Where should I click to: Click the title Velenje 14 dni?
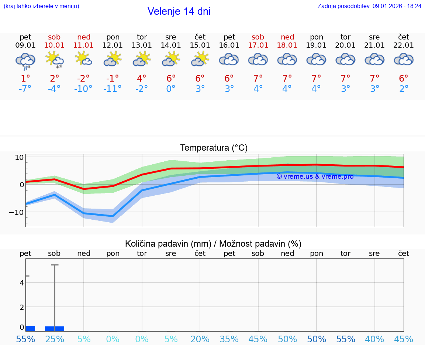coord(179,11)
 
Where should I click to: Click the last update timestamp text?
coord(369,6)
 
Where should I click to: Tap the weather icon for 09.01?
coord(25,60)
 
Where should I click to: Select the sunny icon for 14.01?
coord(171,59)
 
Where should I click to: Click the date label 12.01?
coord(113,45)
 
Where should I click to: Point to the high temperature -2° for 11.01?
coord(83,78)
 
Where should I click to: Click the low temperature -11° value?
coord(112,89)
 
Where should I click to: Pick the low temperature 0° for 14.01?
coord(171,89)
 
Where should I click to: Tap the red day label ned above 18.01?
coord(287,37)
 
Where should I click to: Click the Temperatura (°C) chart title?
coord(214,148)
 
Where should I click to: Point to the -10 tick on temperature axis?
coord(17,212)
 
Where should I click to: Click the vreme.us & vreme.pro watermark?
coord(315,176)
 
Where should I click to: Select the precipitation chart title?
coord(213,244)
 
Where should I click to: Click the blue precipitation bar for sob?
coord(55,329)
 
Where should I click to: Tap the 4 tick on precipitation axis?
coord(22,283)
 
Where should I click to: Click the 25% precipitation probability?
coord(55,339)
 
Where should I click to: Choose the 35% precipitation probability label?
coord(229,339)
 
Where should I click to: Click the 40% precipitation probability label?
coord(374,339)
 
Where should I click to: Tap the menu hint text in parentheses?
coord(41,6)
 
